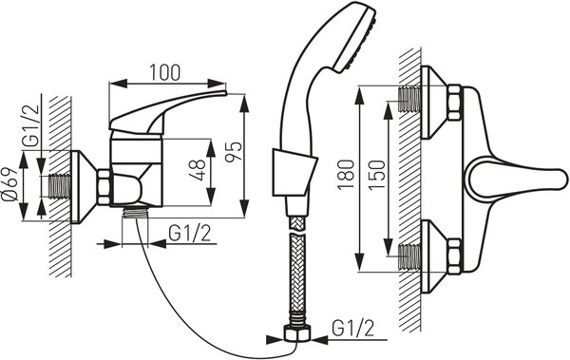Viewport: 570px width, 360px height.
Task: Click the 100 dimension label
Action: point(165,73)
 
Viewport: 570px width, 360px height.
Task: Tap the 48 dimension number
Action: point(199,170)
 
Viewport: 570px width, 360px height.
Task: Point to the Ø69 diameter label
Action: point(9,184)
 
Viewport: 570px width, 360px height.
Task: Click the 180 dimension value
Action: point(346,175)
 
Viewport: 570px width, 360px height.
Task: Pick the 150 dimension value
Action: point(376,175)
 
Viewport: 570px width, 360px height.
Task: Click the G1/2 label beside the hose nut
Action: point(352,329)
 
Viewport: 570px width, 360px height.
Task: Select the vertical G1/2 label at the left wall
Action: point(31,125)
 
